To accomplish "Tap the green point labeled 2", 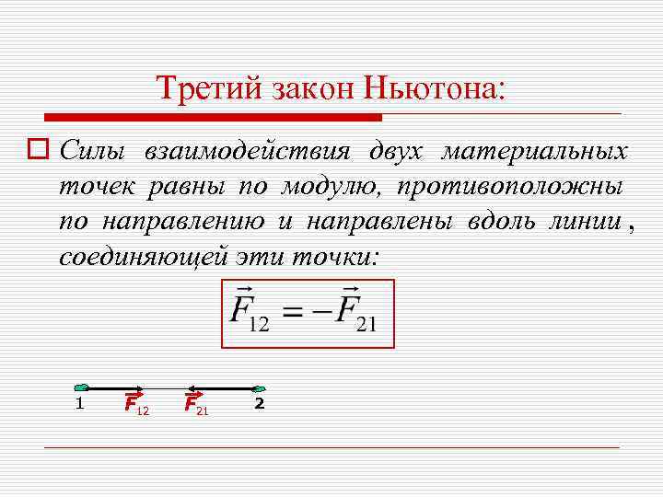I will (259, 388).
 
